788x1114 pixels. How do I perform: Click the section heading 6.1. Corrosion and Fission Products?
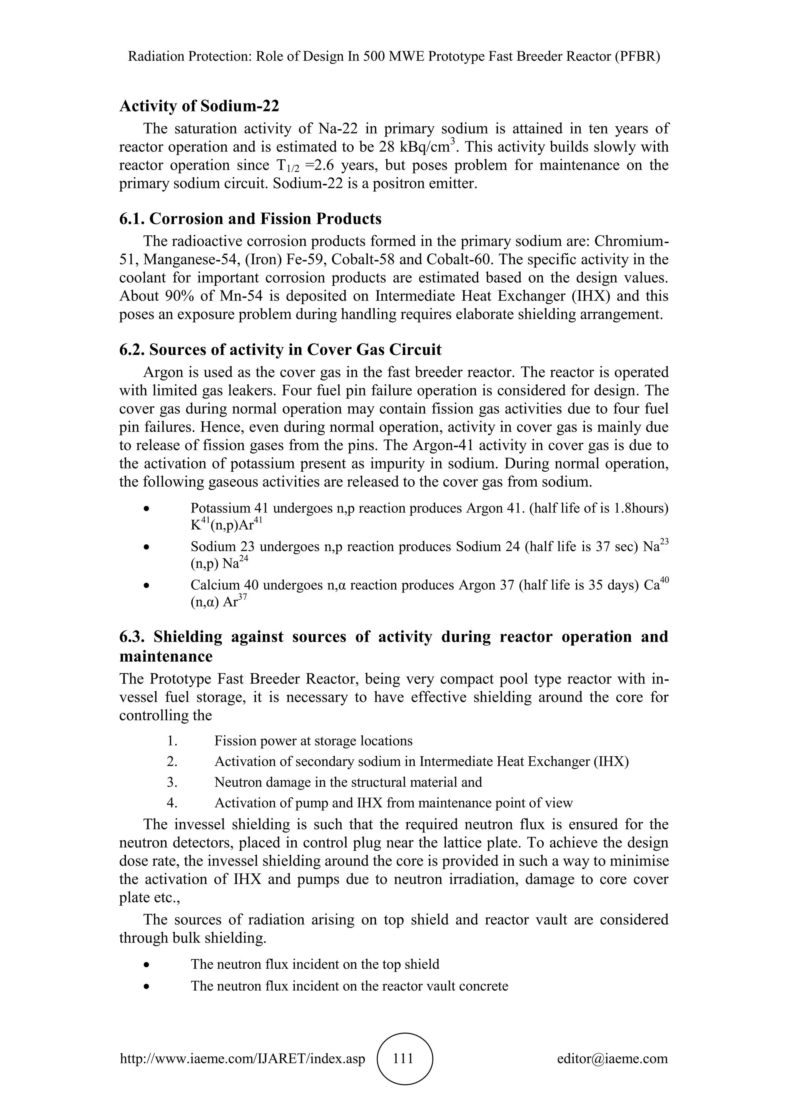coord(250,219)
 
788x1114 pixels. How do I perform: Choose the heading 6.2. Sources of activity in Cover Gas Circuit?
coord(280,349)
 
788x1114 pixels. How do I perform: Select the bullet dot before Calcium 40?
coord(146,586)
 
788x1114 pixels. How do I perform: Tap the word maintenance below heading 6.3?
coord(166,657)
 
